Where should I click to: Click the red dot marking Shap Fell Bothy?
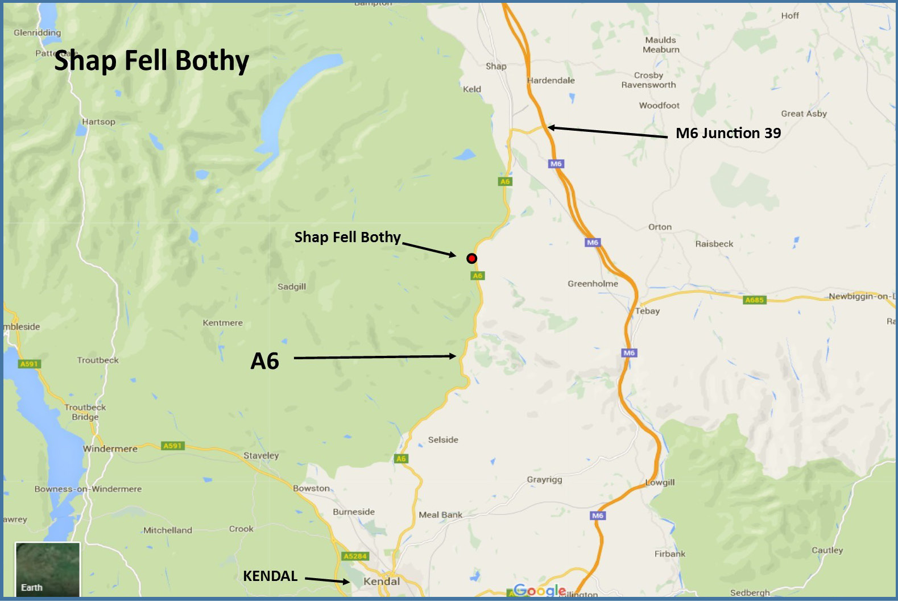point(471,259)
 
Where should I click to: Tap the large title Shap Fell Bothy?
point(151,61)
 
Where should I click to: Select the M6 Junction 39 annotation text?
point(728,133)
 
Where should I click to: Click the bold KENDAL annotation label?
point(270,576)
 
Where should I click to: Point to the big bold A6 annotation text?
point(265,361)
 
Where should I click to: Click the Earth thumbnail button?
point(47,569)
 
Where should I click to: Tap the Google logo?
point(540,590)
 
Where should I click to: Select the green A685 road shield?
point(754,300)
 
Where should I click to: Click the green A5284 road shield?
point(355,556)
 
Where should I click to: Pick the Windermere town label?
point(110,449)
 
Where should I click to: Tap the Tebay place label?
point(648,311)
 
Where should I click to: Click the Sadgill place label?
point(292,287)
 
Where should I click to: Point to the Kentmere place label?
point(223,323)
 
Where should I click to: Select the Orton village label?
point(660,227)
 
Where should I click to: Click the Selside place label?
point(443,439)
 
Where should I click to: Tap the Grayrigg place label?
point(544,479)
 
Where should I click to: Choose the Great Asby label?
point(804,114)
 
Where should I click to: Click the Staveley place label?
point(261,455)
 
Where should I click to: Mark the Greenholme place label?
point(593,284)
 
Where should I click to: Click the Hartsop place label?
point(98,122)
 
